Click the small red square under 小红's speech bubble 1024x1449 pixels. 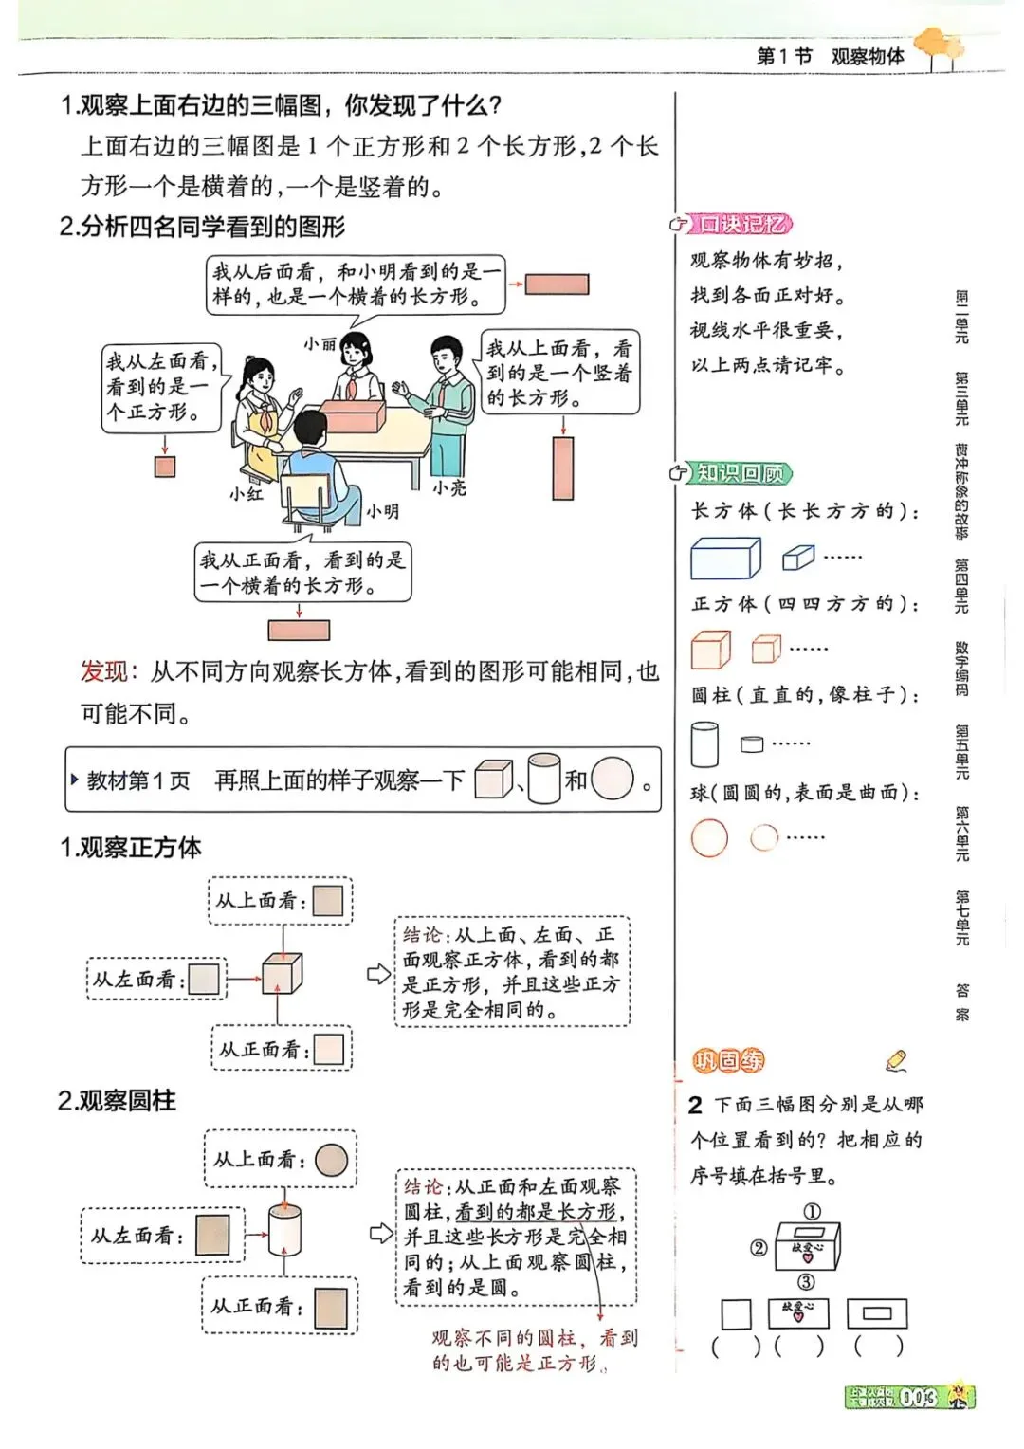(x=165, y=467)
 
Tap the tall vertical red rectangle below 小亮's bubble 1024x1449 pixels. (x=563, y=468)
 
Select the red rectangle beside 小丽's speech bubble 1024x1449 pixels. (x=558, y=284)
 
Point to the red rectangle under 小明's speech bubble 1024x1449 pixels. (x=299, y=630)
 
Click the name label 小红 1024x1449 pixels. (x=247, y=493)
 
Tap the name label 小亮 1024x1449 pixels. (x=449, y=487)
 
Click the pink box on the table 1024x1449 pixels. (x=353, y=414)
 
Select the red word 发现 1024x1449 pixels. (x=103, y=671)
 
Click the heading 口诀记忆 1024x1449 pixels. (x=741, y=224)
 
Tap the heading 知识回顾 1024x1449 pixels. (x=741, y=472)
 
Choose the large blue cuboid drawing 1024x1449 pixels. (x=725, y=558)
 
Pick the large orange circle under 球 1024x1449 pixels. (x=709, y=838)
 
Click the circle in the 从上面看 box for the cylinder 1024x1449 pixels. (x=331, y=1160)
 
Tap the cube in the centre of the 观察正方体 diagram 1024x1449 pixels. (x=283, y=973)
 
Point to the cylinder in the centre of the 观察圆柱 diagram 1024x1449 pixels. (x=284, y=1230)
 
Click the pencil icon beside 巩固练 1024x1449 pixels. (x=895, y=1059)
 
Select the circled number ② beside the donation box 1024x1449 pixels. (x=759, y=1248)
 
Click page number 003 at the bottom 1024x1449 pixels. (x=918, y=1397)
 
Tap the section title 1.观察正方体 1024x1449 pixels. (x=131, y=847)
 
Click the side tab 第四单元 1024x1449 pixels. (x=961, y=585)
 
